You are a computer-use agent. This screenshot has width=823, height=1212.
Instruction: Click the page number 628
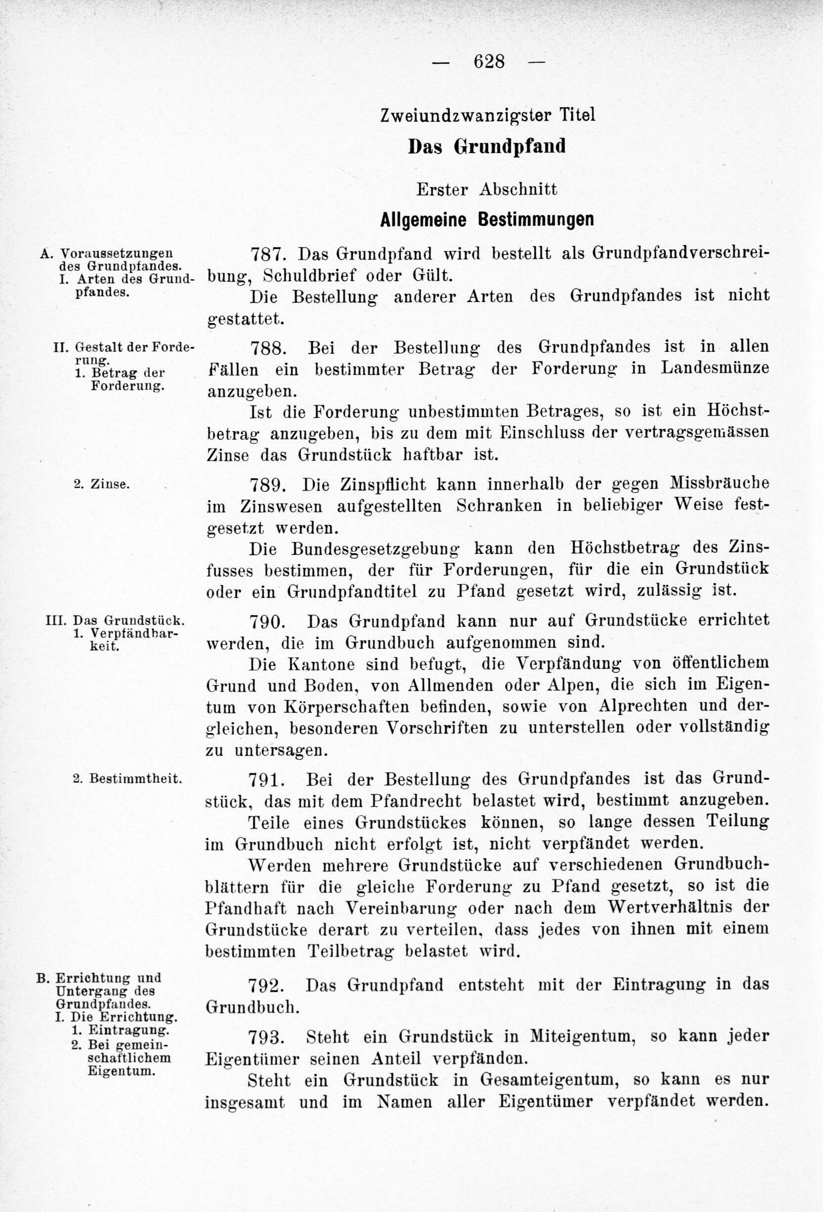489,62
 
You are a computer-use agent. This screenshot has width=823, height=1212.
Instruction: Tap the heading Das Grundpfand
487,147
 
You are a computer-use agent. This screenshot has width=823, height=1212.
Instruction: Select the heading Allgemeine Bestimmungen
487,219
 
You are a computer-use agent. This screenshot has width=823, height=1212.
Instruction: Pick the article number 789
268,485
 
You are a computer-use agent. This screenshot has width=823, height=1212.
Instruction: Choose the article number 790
268,622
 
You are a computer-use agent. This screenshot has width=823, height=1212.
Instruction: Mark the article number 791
268,780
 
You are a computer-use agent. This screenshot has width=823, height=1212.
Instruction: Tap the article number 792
268,985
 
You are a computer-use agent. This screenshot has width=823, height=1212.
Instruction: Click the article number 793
268,1037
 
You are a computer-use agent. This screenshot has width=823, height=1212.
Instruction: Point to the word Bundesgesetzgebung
375,549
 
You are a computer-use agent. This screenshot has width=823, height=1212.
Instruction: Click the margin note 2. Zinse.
101,484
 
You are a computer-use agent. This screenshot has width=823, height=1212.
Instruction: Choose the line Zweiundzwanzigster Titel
487,115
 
